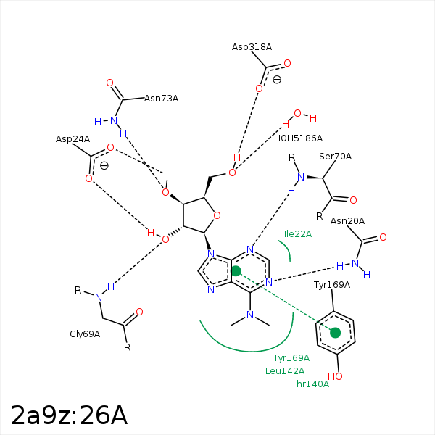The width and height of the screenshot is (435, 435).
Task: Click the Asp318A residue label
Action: [x=252, y=47]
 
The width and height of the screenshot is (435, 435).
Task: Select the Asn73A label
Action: [x=161, y=99]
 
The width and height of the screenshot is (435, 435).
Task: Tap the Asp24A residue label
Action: [x=72, y=139]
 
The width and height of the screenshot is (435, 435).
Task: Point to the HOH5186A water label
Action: [x=298, y=138]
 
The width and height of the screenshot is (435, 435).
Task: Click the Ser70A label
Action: [x=335, y=157]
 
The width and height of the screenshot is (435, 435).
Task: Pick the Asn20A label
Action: [x=347, y=221]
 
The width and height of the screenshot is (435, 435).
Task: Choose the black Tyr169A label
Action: [x=332, y=285]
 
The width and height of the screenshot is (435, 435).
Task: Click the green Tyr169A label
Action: [x=291, y=358]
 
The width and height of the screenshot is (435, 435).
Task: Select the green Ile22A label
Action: [x=298, y=234]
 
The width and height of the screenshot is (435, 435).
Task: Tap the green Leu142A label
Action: [x=285, y=371]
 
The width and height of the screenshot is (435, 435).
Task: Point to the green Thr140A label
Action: [x=310, y=384]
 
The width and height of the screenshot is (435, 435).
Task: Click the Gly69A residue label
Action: [x=85, y=334]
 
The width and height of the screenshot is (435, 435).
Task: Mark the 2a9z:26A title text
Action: [x=70, y=415]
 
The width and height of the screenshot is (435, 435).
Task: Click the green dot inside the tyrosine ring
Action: [x=336, y=333]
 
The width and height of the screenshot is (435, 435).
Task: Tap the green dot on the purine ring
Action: [x=236, y=271]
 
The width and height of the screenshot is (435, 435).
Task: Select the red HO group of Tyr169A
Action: [x=335, y=376]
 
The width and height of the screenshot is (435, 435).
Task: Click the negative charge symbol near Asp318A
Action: [x=277, y=80]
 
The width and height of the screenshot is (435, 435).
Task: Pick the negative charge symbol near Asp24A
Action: [x=104, y=166]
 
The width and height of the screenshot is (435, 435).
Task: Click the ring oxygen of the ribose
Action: [x=217, y=215]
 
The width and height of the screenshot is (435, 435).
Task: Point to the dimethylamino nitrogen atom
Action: [x=250, y=315]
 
